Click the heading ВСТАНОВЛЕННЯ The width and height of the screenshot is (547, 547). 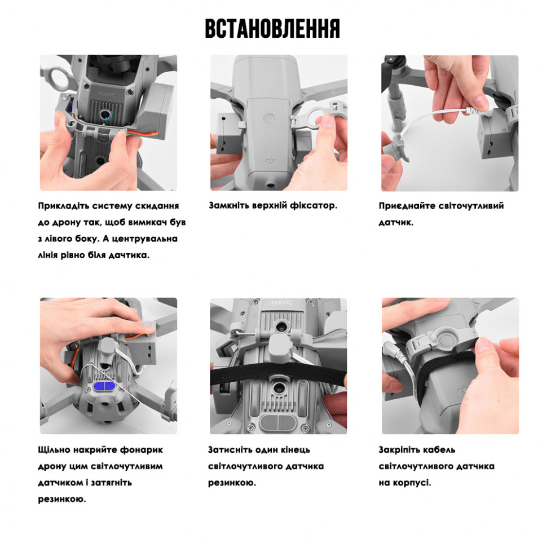click(x=272, y=29)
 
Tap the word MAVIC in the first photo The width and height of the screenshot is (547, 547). click(x=107, y=94)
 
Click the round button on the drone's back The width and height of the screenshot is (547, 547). click(x=269, y=118)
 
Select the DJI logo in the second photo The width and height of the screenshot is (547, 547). click(x=271, y=161)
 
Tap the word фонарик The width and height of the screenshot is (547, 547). click(x=142, y=450)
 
